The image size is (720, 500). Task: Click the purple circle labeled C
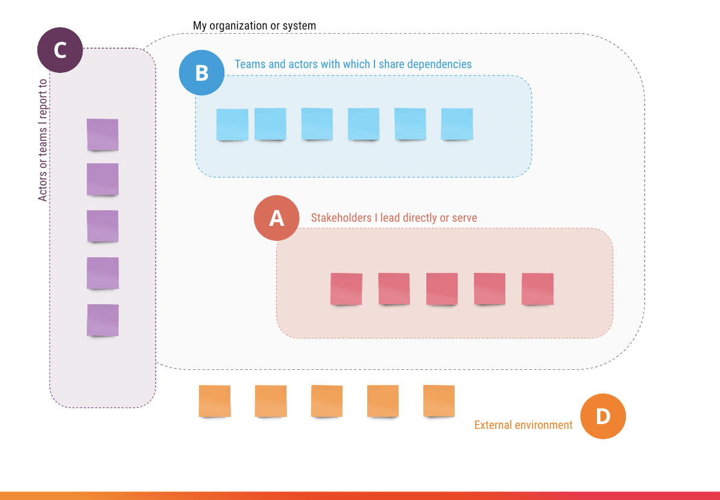click(60, 50)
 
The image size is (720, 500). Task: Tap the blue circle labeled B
click(202, 73)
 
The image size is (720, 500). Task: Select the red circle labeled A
click(276, 217)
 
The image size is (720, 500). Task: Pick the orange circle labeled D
click(603, 416)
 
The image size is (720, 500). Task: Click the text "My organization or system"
click(254, 26)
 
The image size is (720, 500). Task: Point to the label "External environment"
click(523, 425)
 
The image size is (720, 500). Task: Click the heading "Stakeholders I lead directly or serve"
click(394, 217)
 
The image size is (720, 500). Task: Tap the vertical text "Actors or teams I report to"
click(42, 140)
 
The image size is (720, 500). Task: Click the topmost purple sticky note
click(103, 134)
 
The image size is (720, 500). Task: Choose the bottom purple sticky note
click(103, 320)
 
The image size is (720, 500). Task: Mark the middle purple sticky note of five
click(103, 226)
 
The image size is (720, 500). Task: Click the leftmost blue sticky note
click(232, 124)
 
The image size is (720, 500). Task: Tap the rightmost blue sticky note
click(457, 123)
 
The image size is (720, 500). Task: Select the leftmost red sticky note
click(346, 289)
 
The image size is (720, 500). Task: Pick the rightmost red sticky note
click(537, 289)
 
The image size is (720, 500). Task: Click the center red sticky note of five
click(442, 289)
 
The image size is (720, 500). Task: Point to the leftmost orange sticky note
click(215, 401)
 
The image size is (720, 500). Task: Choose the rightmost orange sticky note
click(439, 401)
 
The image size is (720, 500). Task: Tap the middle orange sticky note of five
click(327, 401)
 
